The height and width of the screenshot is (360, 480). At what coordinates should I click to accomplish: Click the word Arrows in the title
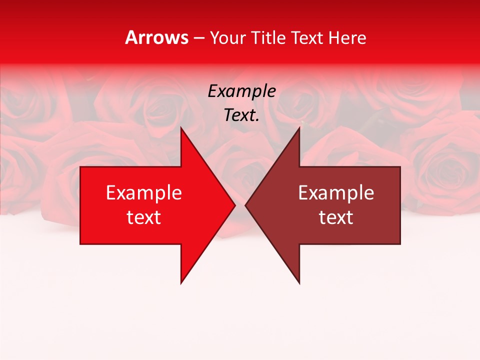[156, 38]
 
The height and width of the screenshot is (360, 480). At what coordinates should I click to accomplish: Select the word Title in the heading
[268, 38]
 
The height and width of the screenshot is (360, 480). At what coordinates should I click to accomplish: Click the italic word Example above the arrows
[241, 91]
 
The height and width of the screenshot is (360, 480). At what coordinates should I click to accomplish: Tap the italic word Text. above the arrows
[241, 115]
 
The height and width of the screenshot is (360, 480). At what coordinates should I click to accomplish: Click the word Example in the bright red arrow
[144, 193]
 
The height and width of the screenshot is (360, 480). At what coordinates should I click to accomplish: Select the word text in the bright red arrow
[144, 217]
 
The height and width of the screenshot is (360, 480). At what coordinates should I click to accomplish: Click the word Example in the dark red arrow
[336, 193]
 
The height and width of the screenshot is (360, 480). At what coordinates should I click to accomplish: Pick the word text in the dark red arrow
[336, 217]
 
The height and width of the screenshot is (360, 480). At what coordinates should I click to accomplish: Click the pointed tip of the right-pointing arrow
[235, 205]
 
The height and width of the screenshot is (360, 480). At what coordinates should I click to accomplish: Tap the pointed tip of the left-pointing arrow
[245, 205]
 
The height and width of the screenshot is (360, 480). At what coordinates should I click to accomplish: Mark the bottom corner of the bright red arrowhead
[181, 283]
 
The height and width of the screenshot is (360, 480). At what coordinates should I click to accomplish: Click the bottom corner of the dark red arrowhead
[299, 283]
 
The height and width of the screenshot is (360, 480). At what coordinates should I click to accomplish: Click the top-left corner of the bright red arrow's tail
[80, 167]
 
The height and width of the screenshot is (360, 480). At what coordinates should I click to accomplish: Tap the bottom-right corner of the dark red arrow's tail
[400, 244]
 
